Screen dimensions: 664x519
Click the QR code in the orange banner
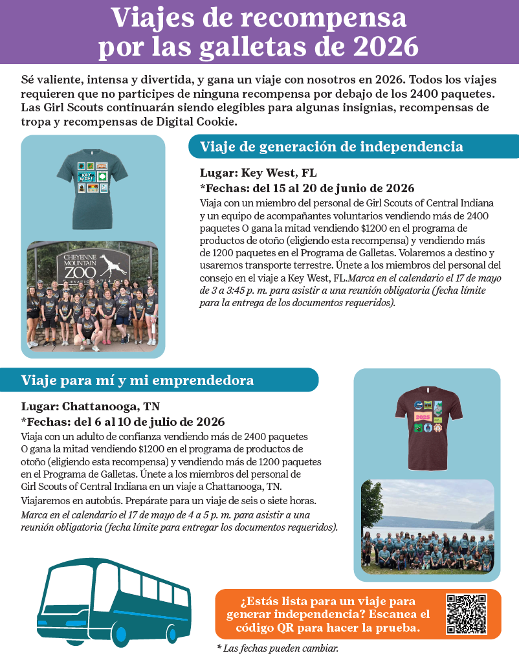pos(467,614)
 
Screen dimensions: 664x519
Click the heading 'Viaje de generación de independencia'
pos(331,146)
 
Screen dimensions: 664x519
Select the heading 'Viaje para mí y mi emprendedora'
pos(137,380)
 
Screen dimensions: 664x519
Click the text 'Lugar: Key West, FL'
pos(258,173)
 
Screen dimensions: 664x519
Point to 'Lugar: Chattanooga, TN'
pos(90,406)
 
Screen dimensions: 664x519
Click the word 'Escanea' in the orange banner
pos(400,614)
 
